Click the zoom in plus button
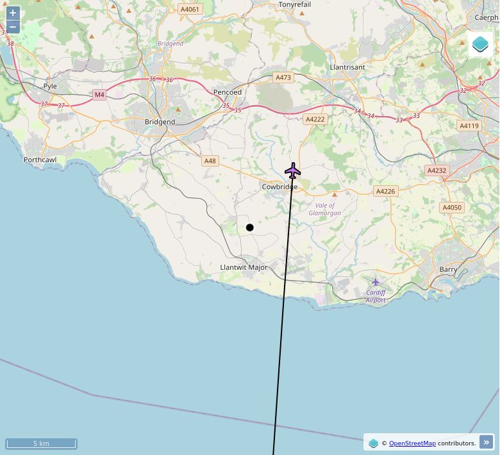13,13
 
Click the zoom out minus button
13,27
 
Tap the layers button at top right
480,44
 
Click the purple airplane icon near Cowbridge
293,171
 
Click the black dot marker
250,227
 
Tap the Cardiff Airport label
376,296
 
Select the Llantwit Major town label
244,267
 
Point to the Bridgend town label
160,122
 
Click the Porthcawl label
40,160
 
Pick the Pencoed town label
228,92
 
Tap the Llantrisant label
347,67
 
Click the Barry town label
449,270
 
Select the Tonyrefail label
295,4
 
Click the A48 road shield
210,161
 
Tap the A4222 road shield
315,119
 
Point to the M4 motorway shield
99,95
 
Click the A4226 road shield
386,191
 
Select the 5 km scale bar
42,443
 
